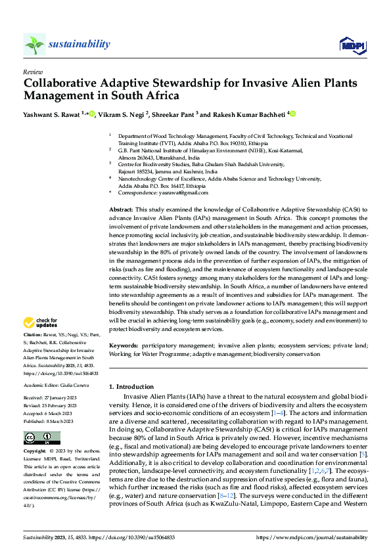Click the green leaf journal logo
(x=35, y=44)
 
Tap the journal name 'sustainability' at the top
(x=80, y=44)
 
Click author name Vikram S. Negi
(x=124, y=114)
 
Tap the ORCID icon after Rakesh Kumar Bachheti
(x=293, y=114)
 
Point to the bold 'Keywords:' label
(x=124, y=345)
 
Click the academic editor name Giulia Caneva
(x=78, y=386)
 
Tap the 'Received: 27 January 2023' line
(x=50, y=397)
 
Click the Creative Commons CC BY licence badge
(x=41, y=438)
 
